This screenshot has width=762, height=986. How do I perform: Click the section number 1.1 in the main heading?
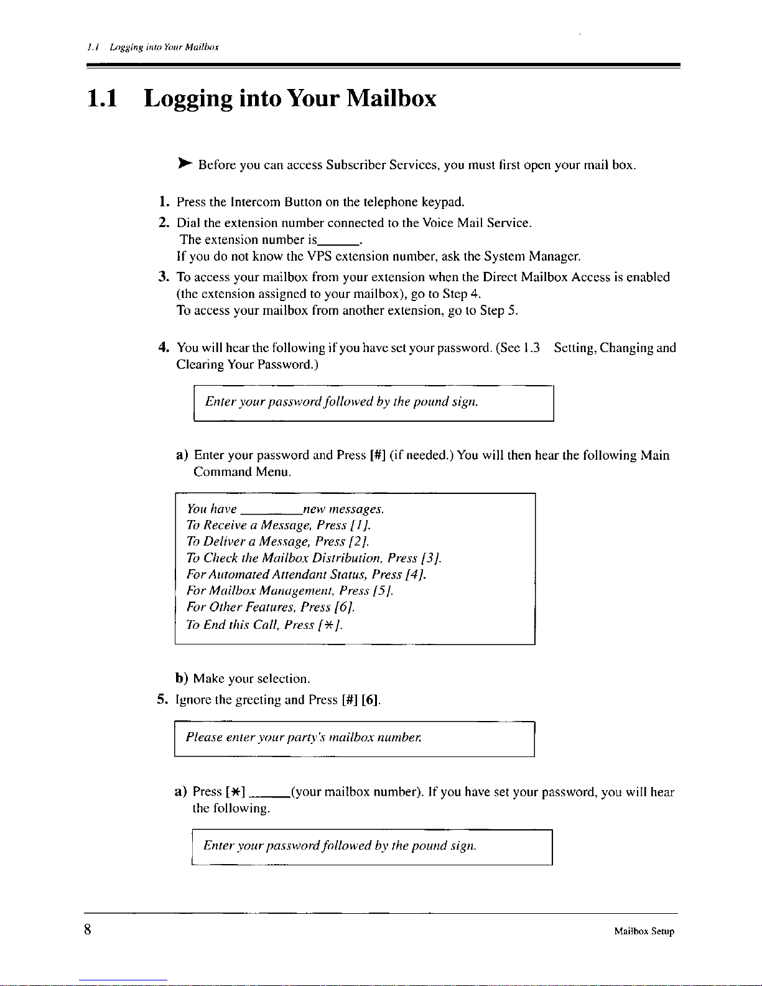click(x=103, y=98)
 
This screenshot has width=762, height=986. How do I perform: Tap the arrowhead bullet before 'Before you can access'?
click(x=184, y=164)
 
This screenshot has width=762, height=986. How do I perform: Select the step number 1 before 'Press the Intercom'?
click(x=162, y=202)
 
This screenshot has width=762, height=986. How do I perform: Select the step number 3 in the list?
click(x=162, y=277)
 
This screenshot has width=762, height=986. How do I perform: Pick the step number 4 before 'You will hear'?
click(x=162, y=348)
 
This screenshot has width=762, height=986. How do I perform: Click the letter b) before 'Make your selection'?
click(x=182, y=678)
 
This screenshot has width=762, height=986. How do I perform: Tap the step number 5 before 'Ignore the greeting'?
click(x=162, y=700)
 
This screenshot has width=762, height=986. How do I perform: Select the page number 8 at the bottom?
click(x=88, y=930)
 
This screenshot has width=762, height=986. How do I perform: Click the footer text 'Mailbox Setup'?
click(x=644, y=931)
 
